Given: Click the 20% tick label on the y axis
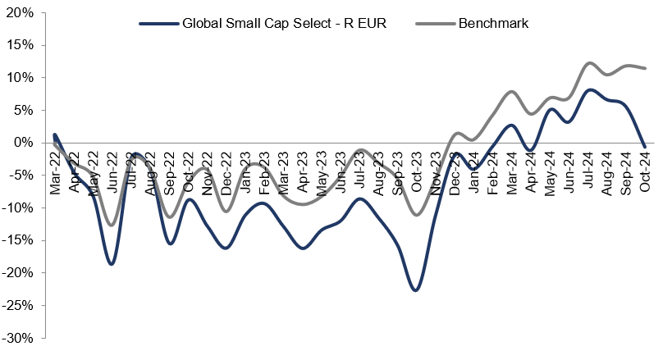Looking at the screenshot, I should [20, 13].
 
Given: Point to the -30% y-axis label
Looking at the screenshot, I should [18, 337].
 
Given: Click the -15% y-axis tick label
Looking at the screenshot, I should [18, 240].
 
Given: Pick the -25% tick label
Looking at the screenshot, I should [18, 305].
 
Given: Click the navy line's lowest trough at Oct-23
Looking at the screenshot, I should [416, 290].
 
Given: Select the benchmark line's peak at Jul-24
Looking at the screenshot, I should [589, 62].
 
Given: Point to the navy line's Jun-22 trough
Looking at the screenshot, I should [112, 264].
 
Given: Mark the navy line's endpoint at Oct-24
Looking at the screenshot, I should [645, 147].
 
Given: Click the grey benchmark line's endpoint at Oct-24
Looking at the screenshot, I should [645, 68].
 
